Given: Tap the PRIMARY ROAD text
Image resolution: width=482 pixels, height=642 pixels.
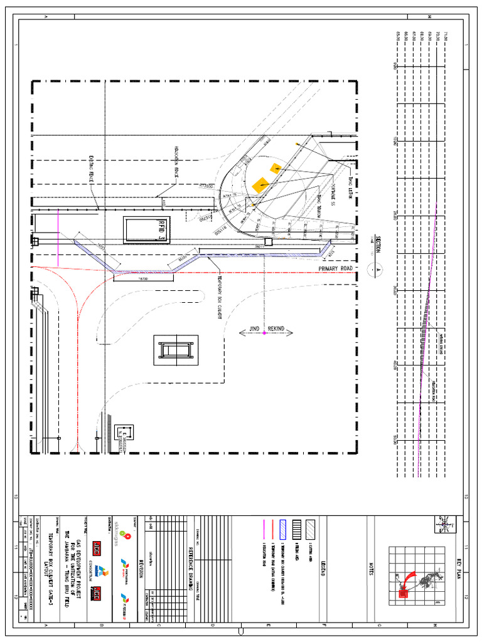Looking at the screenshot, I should (336, 268).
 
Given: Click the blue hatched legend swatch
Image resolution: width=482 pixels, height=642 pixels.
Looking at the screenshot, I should (282, 529).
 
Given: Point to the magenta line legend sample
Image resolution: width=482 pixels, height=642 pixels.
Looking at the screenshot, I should (264, 529).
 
